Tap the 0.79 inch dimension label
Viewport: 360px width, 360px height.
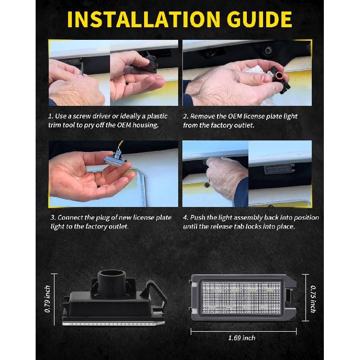(x=48, y=299)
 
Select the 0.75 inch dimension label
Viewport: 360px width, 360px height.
(x=313, y=299)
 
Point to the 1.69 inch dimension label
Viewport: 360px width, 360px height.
(x=242, y=338)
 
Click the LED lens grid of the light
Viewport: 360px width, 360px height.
(x=241, y=297)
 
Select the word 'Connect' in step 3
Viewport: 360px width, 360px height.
(x=70, y=217)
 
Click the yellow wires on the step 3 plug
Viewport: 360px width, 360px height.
(x=121, y=146)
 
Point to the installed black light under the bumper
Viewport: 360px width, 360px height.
(x=279, y=169)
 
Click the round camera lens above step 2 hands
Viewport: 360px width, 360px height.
(x=267, y=50)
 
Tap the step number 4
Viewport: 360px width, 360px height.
(x=186, y=217)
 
